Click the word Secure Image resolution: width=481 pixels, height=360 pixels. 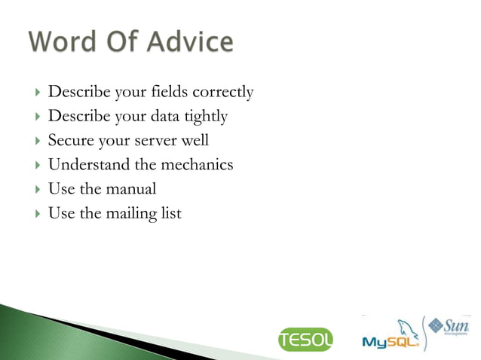point(71,141)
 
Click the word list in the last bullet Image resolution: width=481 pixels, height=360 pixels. point(171,213)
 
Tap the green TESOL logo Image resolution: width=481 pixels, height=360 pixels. point(305,340)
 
